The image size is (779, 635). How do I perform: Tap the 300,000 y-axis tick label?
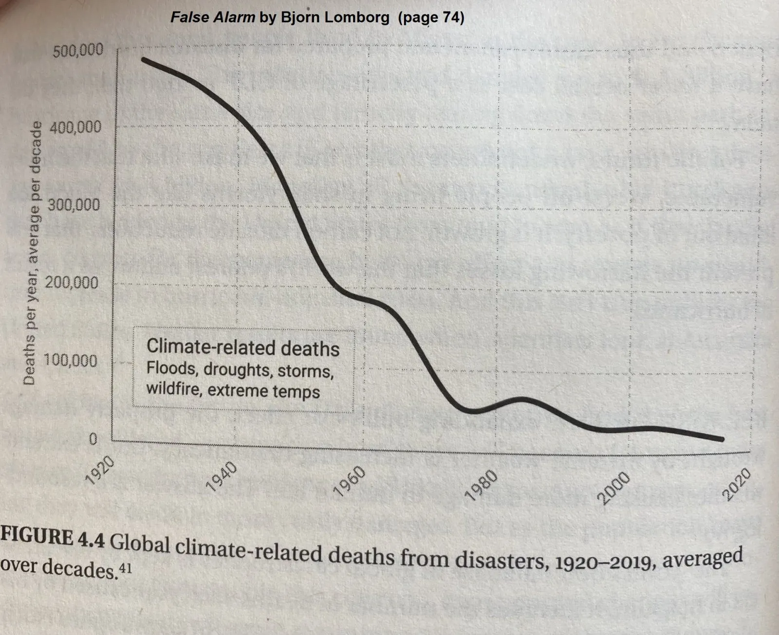pyautogui.click(x=74, y=205)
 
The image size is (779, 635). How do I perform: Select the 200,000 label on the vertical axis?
pyautogui.click(x=72, y=283)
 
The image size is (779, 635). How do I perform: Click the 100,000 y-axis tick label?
pyautogui.click(x=71, y=361)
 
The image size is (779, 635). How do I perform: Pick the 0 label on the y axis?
pyautogui.click(x=93, y=439)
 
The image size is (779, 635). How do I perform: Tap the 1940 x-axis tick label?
pyautogui.click(x=222, y=475)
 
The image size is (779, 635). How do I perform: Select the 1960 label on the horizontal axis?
pyautogui.click(x=351, y=480)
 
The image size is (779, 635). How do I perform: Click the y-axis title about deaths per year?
pyautogui.click(x=32, y=253)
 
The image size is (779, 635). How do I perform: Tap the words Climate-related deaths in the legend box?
pyautogui.click(x=243, y=348)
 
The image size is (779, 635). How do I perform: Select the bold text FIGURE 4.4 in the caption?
pyautogui.click(x=53, y=539)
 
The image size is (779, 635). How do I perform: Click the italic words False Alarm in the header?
pyautogui.click(x=212, y=18)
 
